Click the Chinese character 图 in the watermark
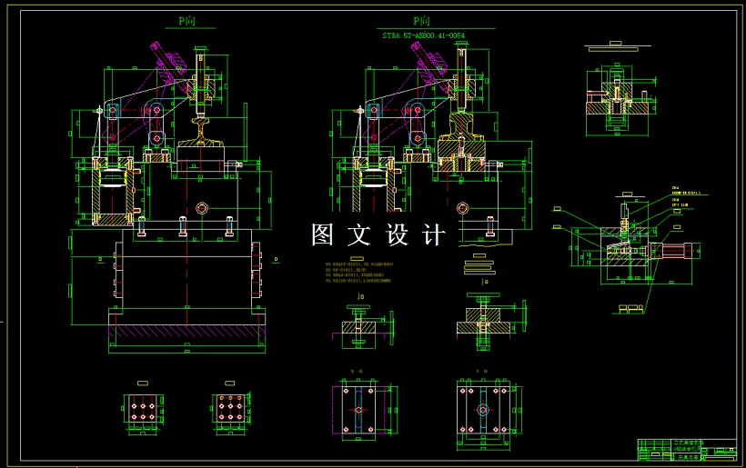[x=324, y=234]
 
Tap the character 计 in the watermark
[x=434, y=234]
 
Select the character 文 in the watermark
[x=360, y=234]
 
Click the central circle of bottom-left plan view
[x=358, y=410]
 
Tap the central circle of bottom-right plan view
[x=484, y=410]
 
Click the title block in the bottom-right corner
[x=687, y=449]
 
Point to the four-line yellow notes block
[x=364, y=273]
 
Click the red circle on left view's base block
[x=201, y=207]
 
